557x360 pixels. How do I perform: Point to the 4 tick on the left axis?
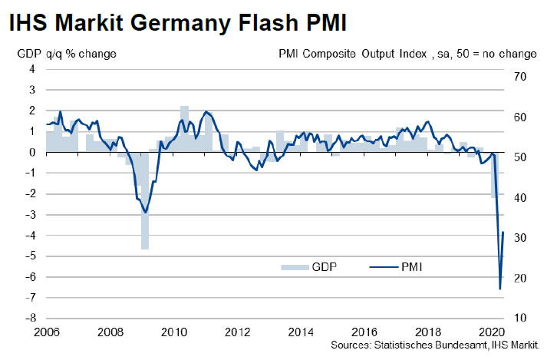[33, 69]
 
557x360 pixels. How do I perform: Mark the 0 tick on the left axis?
[33, 152]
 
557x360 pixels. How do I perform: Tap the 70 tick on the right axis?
[520, 77]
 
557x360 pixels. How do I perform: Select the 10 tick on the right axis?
[520, 318]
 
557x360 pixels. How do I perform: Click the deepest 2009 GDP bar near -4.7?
[144, 223]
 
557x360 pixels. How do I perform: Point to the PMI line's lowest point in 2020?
[500, 289]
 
